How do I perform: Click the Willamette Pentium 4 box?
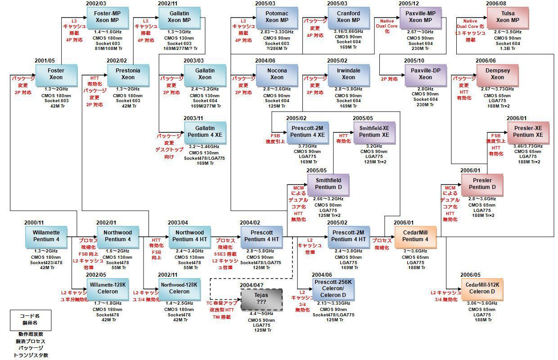[46, 236]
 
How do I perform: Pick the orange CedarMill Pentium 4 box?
[415, 236]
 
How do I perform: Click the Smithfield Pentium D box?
[328, 184]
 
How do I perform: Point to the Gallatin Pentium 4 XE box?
[205, 131]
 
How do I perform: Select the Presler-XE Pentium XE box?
[528, 131]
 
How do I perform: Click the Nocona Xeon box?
[277, 74]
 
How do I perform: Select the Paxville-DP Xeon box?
[425, 74]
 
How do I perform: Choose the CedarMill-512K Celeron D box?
[482, 288]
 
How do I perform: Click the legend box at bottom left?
[30, 319]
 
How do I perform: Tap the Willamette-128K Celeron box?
[108, 288]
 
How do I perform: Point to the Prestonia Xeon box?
[128, 74]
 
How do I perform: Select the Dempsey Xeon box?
[497, 74]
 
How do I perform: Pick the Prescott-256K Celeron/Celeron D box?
[333, 288]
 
